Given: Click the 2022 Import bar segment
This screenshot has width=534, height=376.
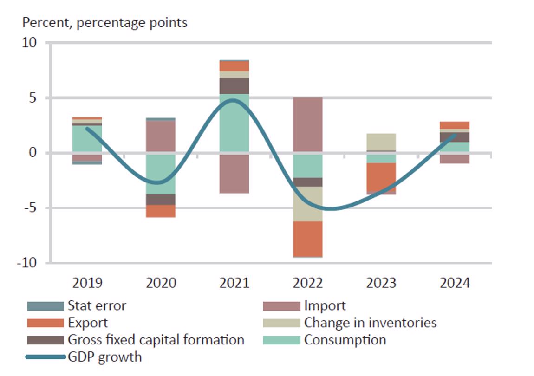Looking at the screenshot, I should point(307,124).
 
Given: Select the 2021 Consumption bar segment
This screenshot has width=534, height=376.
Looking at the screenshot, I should point(234,123).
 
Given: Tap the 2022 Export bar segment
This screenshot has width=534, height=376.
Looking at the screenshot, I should point(307,239).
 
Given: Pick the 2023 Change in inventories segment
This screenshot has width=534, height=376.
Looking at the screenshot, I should point(381,142).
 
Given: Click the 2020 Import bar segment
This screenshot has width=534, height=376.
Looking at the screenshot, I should point(161,136).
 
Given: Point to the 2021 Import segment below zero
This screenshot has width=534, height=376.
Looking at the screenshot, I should point(234,173).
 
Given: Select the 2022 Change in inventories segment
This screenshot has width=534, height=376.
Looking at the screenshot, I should point(307,204).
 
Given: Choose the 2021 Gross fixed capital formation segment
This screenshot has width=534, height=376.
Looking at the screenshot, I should point(234,86).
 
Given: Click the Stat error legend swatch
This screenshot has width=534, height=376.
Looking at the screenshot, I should point(45,306).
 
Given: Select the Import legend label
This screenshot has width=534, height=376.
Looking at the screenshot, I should point(325,306).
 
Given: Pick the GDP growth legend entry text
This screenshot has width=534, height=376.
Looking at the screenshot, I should point(104,357).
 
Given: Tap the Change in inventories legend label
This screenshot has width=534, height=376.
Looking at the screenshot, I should point(370,323).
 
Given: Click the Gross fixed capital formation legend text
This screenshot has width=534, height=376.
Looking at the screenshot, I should point(156,340).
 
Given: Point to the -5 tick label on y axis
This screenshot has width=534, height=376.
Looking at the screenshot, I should point(29,207).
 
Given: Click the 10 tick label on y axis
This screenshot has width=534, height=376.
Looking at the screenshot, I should point(29,43).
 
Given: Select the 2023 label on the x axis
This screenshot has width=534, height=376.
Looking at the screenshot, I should point(381,283).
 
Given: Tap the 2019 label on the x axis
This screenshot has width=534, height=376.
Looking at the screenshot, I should point(87,283).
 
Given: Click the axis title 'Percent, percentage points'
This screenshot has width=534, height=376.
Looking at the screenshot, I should point(105,22).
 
